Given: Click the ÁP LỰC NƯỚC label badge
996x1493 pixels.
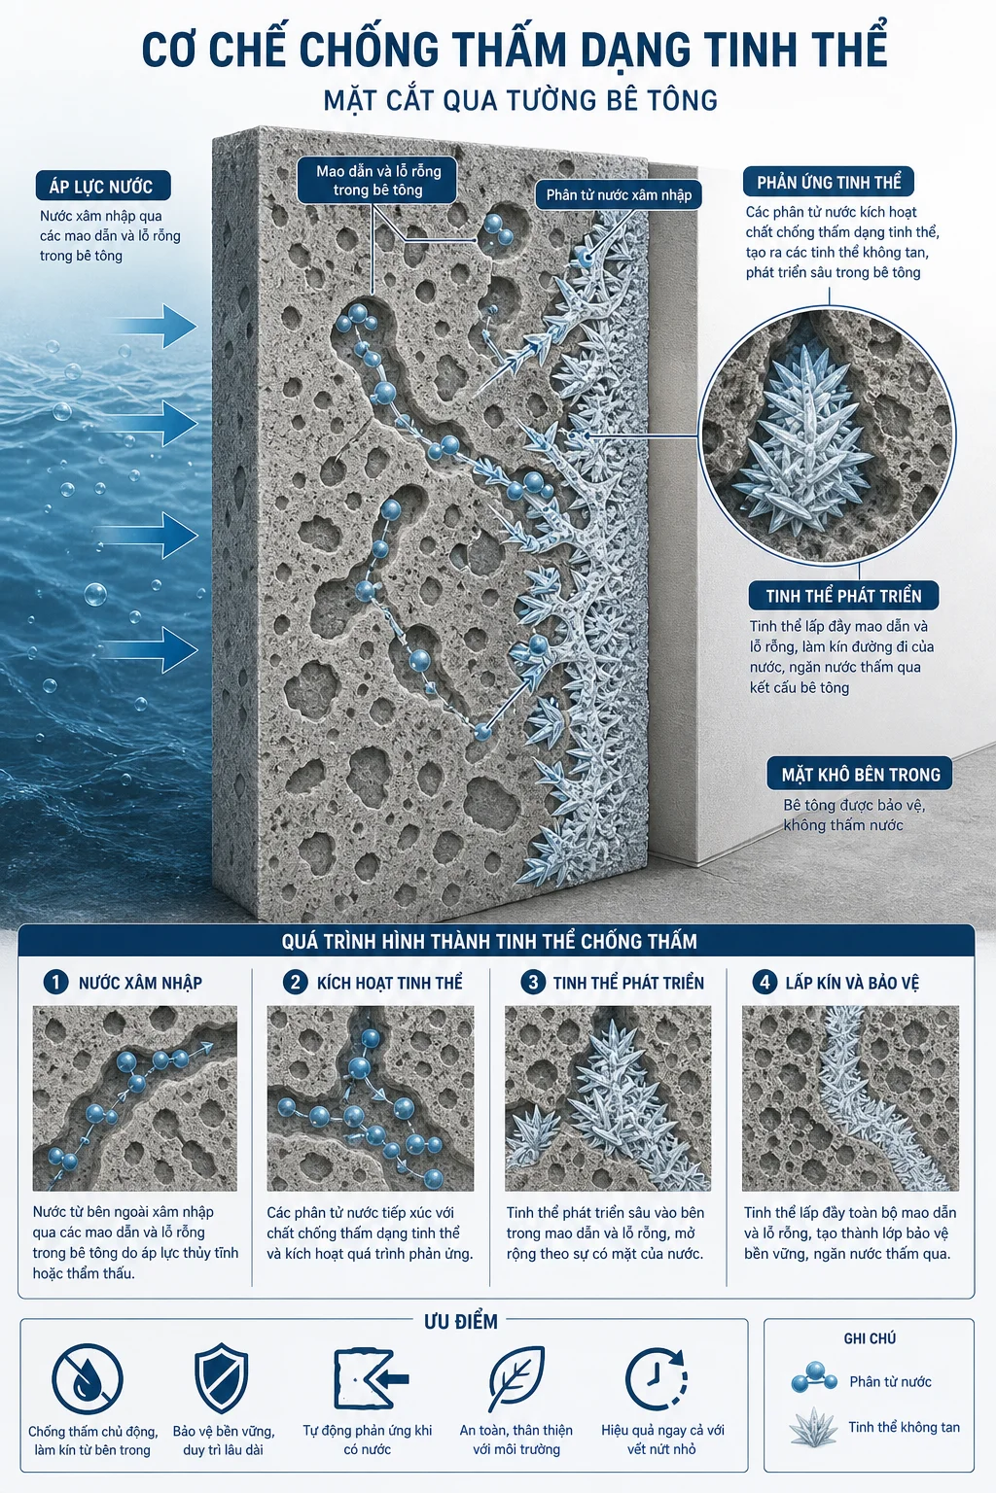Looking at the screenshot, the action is click(103, 186).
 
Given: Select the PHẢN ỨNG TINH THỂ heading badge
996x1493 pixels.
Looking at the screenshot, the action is click(829, 182).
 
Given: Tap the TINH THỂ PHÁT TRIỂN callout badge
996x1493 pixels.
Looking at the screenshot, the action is click(843, 595).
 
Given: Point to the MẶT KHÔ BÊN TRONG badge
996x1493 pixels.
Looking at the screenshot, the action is click(861, 774).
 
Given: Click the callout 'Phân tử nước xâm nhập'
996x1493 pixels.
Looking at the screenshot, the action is click(619, 194).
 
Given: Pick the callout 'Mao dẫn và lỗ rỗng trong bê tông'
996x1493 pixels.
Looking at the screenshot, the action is click(378, 181).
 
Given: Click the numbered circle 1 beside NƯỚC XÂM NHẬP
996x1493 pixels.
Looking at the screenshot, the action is click(56, 982).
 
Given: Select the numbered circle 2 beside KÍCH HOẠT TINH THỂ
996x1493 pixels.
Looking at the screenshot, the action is click(295, 982).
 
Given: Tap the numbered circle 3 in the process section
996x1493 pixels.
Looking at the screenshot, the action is click(532, 982).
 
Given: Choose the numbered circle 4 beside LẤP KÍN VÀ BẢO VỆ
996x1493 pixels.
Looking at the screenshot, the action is click(765, 982).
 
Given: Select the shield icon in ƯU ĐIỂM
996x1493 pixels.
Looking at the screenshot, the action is click(222, 1378).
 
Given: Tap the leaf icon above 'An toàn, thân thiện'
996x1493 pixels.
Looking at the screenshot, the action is click(516, 1378).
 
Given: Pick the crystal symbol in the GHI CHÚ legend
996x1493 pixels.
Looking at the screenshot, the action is click(814, 1427).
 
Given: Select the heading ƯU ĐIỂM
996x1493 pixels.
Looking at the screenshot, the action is click(461, 1322).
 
